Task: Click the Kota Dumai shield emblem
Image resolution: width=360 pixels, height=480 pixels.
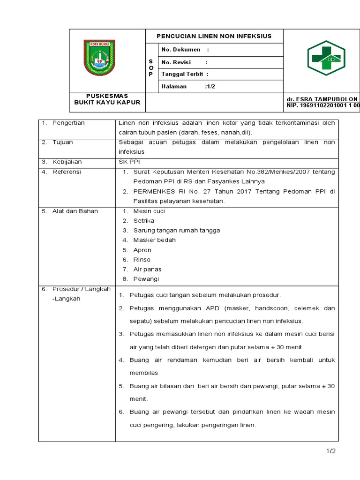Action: (99, 58)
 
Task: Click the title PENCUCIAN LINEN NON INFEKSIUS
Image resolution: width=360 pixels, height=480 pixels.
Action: (214, 36)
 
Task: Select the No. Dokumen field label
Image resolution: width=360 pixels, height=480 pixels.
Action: (180, 50)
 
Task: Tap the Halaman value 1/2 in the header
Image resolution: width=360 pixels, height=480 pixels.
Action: (210, 86)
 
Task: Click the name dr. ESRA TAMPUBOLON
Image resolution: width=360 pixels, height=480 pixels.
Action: (322, 99)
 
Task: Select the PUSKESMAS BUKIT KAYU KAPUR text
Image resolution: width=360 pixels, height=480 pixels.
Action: (107, 99)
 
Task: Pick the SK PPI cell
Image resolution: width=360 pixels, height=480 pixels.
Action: (127, 162)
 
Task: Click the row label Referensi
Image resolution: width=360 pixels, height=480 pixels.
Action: (67, 172)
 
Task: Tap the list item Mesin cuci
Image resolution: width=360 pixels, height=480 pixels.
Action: (149, 211)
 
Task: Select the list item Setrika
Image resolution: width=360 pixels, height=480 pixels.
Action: (143, 221)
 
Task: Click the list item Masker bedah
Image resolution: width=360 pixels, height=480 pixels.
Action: (154, 240)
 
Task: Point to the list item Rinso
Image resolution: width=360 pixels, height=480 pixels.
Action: (142, 259)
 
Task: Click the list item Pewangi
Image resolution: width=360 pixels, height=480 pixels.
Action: (146, 279)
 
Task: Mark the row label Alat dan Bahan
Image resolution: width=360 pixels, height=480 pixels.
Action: (75, 211)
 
